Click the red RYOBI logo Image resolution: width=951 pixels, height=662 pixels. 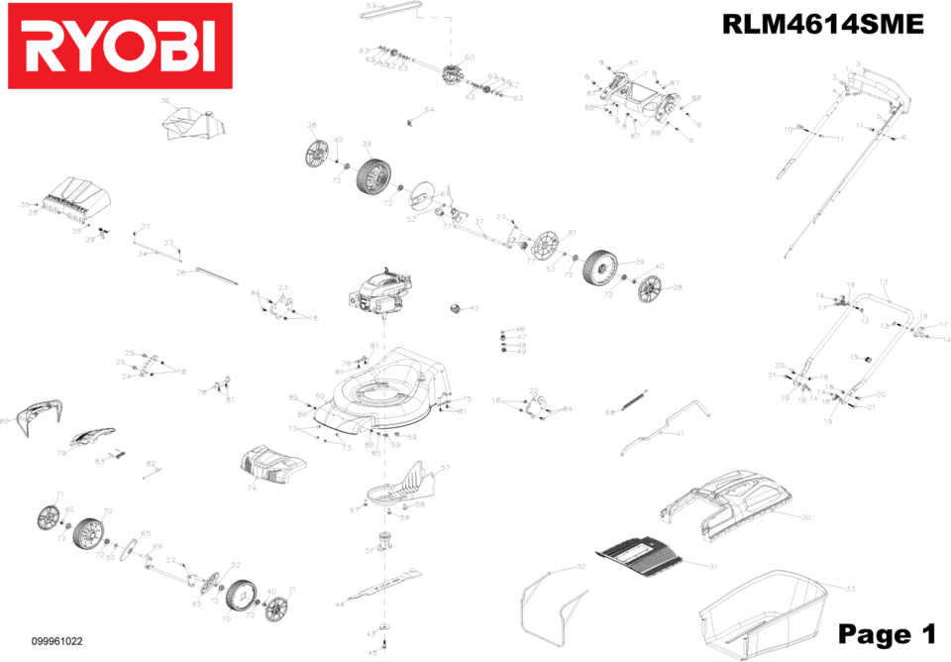pyautogui.click(x=119, y=47)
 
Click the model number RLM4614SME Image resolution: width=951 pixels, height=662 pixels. pyautogui.click(x=822, y=25)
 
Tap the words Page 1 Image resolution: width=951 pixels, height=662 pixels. pyautogui.click(x=886, y=633)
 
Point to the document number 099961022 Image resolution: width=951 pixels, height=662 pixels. pyautogui.click(x=56, y=641)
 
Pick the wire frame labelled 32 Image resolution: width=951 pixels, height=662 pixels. pyautogui.click(x=553, y=605)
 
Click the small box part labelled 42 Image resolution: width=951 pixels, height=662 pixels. pyautogui.click(x=457, y=308)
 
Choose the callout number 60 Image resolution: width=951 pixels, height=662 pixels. pyautogui.click(x=470, y=57)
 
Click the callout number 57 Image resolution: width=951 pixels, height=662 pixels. pyautogui.click(x=445, y=468)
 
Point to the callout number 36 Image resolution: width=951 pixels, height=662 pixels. pyautogui.click(x=165, y=100)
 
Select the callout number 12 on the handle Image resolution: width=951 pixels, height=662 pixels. pyautogui.click(x=884, y=283)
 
